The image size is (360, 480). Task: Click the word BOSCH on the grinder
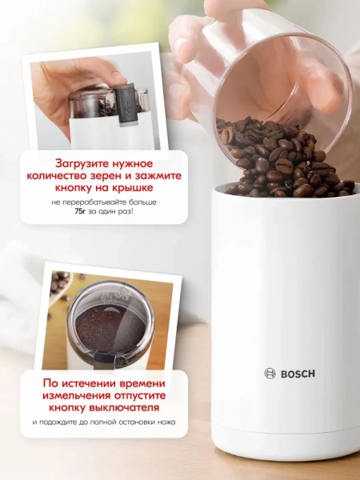coord(298,374)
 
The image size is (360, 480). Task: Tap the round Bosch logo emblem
coord(270,374)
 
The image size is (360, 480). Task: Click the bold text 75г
coord(80,211)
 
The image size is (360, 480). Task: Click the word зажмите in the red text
coord(159,176)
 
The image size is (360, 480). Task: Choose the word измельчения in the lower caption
coord(77,395)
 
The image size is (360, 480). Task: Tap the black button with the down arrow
coord(125,104)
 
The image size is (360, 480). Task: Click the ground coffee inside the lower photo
coord(110,330)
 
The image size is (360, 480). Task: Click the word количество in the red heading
coord(59,176)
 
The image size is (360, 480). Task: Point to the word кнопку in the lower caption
coord(67,408)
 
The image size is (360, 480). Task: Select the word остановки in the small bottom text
coord(138,422)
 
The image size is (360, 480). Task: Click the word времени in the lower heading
coord(142,383)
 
